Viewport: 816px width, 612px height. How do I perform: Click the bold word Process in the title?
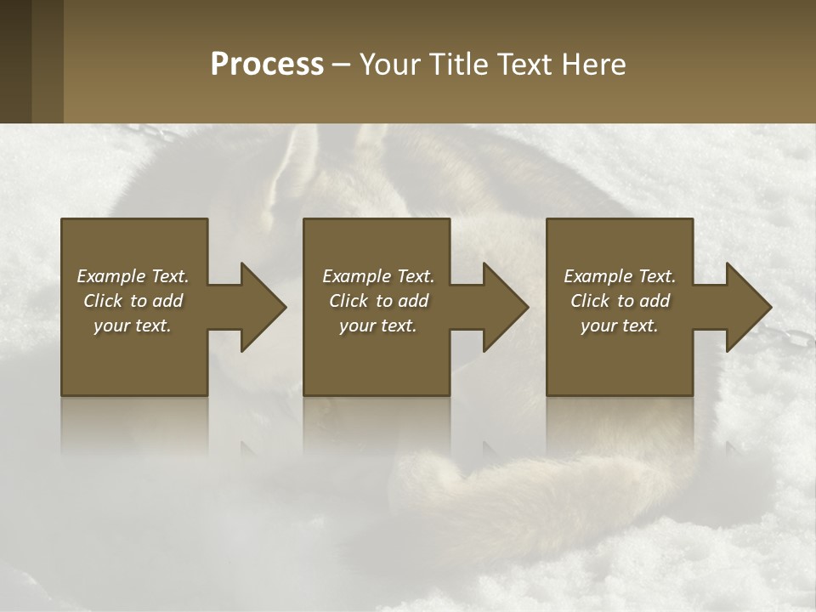tap(267, 65)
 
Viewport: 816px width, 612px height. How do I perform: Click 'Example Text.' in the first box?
tap(133, 276)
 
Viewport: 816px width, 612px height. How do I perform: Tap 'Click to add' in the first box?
tap(133, 301)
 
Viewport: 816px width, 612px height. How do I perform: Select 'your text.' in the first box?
tap(133, 326)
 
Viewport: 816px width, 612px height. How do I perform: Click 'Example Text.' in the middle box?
tap(378, 276)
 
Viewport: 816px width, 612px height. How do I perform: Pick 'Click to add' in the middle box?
tap(378, 301)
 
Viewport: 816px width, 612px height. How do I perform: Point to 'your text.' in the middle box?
tap(378, 326)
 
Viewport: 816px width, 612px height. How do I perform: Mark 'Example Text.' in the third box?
tap(620, 276)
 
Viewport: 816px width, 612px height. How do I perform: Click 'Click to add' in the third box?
tap(620, 301)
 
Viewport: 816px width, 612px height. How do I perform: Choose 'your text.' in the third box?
tap(620, 326)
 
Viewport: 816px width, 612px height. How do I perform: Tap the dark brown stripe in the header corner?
tap(15, 61)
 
